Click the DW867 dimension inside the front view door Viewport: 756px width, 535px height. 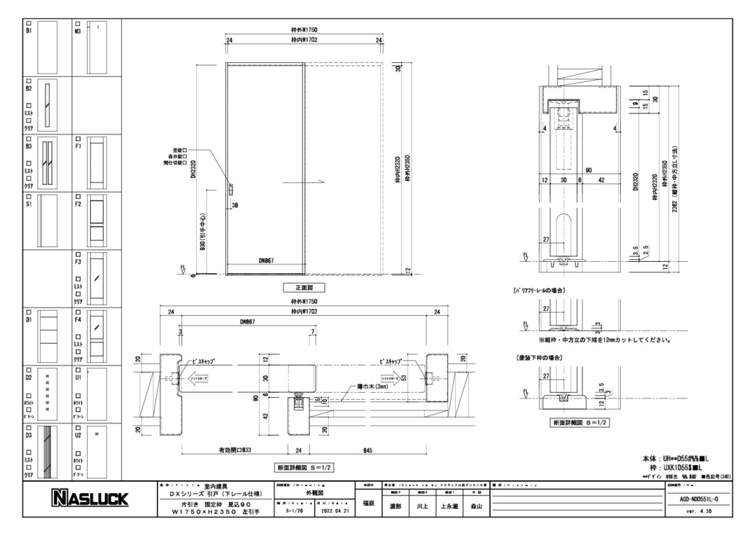[263, 260]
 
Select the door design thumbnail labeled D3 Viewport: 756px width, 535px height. [47, 451]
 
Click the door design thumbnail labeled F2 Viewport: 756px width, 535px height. [97, 222]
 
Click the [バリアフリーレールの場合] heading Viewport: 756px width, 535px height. [540, 289]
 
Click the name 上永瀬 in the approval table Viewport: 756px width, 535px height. [448, 506]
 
